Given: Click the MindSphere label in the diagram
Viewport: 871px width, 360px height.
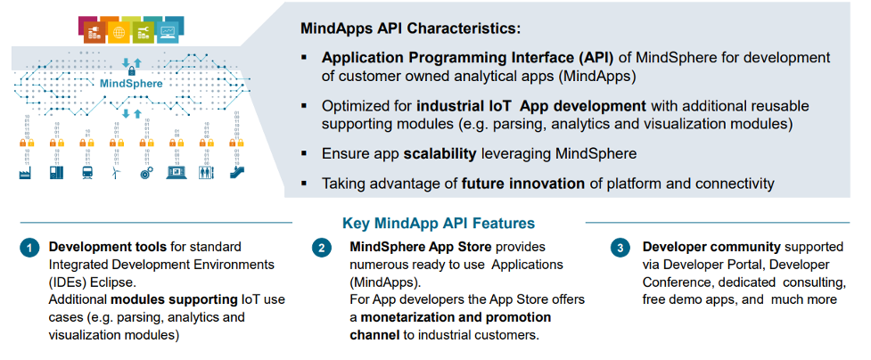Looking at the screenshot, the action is click(x=132, y=85).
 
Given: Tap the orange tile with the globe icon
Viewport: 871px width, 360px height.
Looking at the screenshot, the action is click(x=118, y=33).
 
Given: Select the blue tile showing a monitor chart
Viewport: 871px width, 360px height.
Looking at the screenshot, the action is click(x=168, y=33).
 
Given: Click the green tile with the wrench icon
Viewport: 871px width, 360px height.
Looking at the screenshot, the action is click(x=143, y=33).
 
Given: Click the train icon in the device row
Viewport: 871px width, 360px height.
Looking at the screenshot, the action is click(x=86, y=173).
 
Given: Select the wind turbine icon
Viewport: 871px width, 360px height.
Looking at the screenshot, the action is click(x=116, y=173).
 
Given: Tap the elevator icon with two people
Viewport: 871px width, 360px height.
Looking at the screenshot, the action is click(x=205, y=173).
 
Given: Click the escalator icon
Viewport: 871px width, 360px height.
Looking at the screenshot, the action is click(x=236, y=173).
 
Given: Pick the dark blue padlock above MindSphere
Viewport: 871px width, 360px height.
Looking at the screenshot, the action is click(x=132, y=70).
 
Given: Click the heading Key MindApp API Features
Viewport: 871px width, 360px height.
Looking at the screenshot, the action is click(x=439, y=224).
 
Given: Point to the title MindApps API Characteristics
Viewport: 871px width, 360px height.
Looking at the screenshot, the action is click(x=410, y=29).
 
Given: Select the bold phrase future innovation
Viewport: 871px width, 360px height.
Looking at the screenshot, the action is click(x=523, y=184).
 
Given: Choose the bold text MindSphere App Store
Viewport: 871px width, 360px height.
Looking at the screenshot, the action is click(x=421, y=246).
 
